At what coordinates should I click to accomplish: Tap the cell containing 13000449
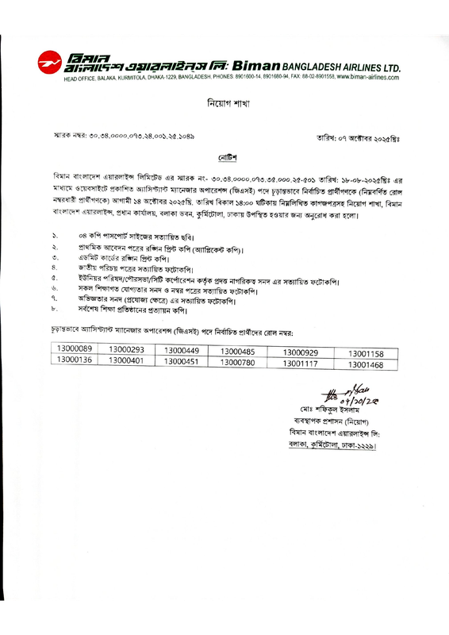(x=182, y=351)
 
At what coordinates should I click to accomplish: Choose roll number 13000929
(x=300, y=352)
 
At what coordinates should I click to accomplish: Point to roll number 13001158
(x=366, y=352)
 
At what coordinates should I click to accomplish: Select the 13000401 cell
(x=126, y=361)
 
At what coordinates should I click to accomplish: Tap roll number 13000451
(x=182, y=362)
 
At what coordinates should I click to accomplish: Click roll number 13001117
(x=300, y=364)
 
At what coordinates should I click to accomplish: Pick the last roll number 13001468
(x=366, y=364)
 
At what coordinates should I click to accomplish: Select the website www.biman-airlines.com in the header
(x=367, y=77)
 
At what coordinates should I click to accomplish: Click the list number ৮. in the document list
(x=56, y=310)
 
